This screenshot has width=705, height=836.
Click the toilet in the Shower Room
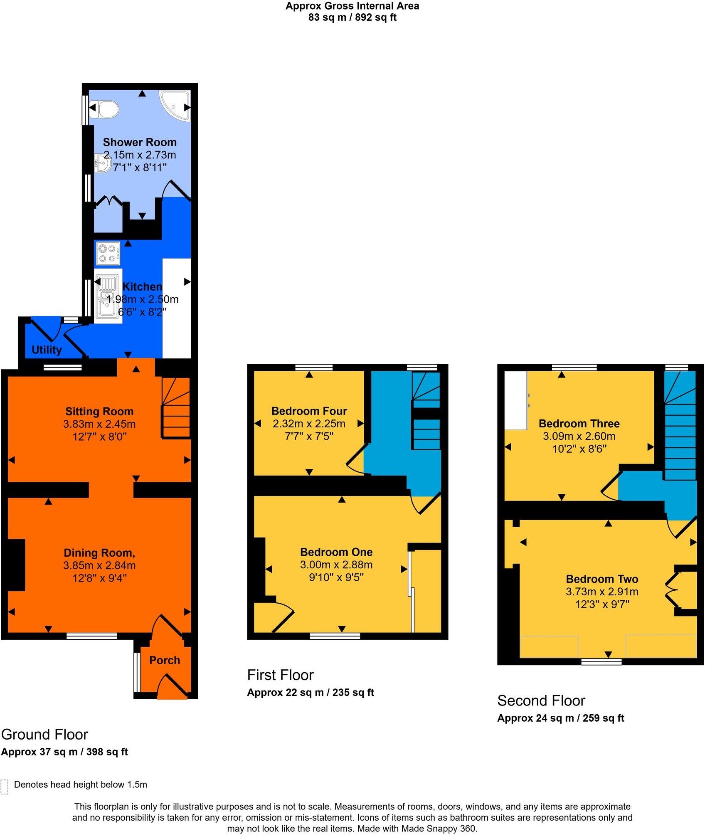pos(105,109)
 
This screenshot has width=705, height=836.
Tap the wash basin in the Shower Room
pos(102,163)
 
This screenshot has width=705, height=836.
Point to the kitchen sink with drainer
pos(108,296)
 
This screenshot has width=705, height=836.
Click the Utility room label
pos(47,350)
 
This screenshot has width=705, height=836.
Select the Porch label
pos(165,660)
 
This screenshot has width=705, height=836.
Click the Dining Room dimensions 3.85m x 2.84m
pos(99,565)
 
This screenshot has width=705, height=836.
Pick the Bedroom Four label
pos(309,411)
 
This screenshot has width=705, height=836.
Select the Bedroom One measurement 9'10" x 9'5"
pos(336,577)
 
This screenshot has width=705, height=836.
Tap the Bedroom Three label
pos(579,423)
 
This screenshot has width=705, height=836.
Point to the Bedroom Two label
pos(601,579)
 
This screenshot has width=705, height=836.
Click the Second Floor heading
pos(541,700)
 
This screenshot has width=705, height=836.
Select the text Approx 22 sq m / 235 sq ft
pos(310,692)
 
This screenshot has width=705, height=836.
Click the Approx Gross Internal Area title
pos(352,6)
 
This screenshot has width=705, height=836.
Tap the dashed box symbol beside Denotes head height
pos(5,787)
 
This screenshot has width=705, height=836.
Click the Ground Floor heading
pos(44,734)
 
